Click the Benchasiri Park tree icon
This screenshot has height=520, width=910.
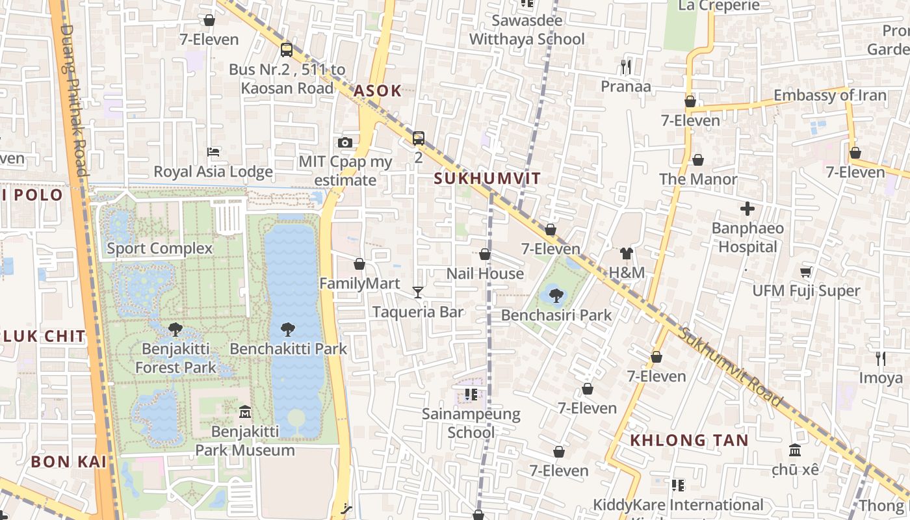coord(556,296)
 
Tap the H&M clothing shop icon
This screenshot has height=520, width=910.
coord(627,253)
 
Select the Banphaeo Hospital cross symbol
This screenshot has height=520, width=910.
coord(747,209)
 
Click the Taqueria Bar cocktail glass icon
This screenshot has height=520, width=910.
coord(418,292)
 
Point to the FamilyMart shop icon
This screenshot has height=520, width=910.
coord(359,264)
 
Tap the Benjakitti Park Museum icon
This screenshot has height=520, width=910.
coord(245,411)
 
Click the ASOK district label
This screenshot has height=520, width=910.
coord(378,92)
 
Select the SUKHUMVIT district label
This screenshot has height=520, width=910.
coord(487,179)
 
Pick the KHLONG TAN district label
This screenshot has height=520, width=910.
coord(689,440)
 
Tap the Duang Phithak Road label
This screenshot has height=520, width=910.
coord(73,101)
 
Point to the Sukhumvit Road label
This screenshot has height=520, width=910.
coord(731,367)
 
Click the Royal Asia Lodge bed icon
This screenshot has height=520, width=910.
coord(213,152)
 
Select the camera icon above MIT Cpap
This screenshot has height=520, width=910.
coord(345,142)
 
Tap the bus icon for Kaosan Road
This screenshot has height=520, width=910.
coord(287,50)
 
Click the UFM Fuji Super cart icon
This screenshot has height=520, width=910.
coord(806,272)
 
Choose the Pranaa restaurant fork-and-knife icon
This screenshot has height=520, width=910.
coord(626,66)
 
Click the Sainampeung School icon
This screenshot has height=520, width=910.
coord(471,394)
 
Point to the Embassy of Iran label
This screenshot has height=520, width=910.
coord(829,96)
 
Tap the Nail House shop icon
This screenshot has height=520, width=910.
coord(485,254)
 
